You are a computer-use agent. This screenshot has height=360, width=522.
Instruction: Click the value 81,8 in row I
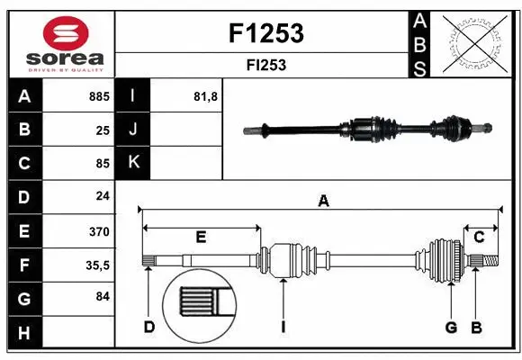click(206, 96)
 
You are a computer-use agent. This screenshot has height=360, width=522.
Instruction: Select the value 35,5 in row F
click(97, 265)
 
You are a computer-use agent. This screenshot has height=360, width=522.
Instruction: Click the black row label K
click(133, 163)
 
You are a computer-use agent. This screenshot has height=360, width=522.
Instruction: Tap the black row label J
click(133, 130)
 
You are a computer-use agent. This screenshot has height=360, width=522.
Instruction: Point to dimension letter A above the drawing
click(323, 202)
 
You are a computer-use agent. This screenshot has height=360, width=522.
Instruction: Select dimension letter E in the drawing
click(201, 237)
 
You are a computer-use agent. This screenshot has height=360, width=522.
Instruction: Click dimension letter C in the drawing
click(480, 237)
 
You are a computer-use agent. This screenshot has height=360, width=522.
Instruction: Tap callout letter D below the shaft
click(149, 327)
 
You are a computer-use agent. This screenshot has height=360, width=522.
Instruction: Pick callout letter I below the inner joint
click(283, 327)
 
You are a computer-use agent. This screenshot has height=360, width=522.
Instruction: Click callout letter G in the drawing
click(451, 327)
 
